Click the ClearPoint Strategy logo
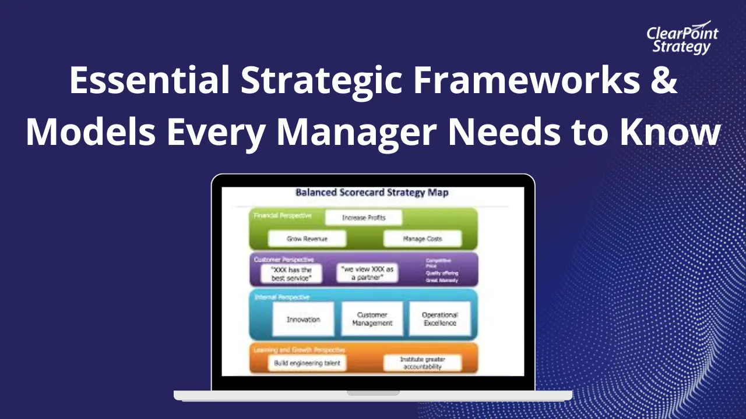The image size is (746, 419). pyautogui.click(x=682, y=40)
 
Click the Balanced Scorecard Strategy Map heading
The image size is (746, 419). pyautogui.click(x=372, y=193)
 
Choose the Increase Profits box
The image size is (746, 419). pyautogui.click(x=364, y=218)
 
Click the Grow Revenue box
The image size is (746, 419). pyautogui.click(x=307, y=239)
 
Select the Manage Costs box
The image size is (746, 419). pyautogui.click(x=422, y=239)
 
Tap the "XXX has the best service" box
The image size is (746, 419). pyautogui.click(x=291, y=274)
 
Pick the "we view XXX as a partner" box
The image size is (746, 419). pyautogui.click(x=367, y=274)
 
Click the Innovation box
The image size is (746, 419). pyautogui.click(x=303, y=319)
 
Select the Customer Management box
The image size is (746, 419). pyautogui.click(x=372, y=319)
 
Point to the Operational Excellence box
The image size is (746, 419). pyautogui.click(x=439, y=319)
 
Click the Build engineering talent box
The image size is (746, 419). pyautogui.click(x=307, y=363)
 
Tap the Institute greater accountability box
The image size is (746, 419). pyautogui.click(x=422, y=363)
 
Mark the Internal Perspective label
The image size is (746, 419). pyautogui.click(x=282, y=297)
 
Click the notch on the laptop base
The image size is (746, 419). pyautogui.click(x=373, y=393)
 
